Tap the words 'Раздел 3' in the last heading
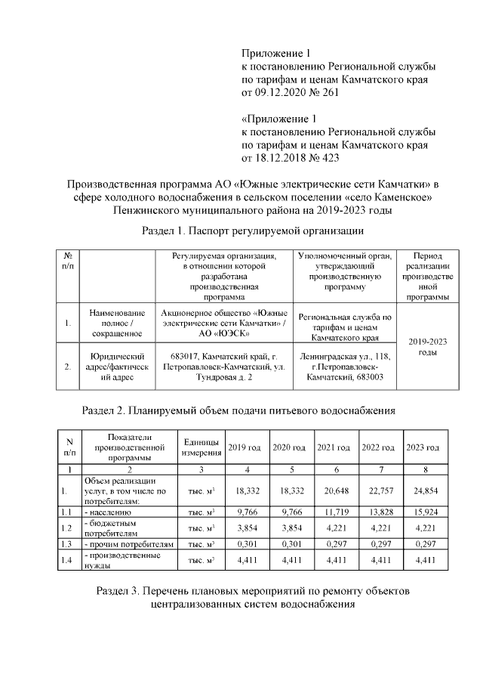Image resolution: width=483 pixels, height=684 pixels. (x=122, y=590)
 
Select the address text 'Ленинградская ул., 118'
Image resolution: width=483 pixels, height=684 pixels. (x=345, y=355)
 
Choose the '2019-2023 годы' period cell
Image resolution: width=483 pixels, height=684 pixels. (x=428, y=347)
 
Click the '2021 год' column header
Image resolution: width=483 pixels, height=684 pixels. (x=333, y=447)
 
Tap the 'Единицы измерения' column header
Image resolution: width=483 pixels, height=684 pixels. (x=201, y=447)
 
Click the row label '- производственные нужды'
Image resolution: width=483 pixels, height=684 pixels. (x=115, y=560)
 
